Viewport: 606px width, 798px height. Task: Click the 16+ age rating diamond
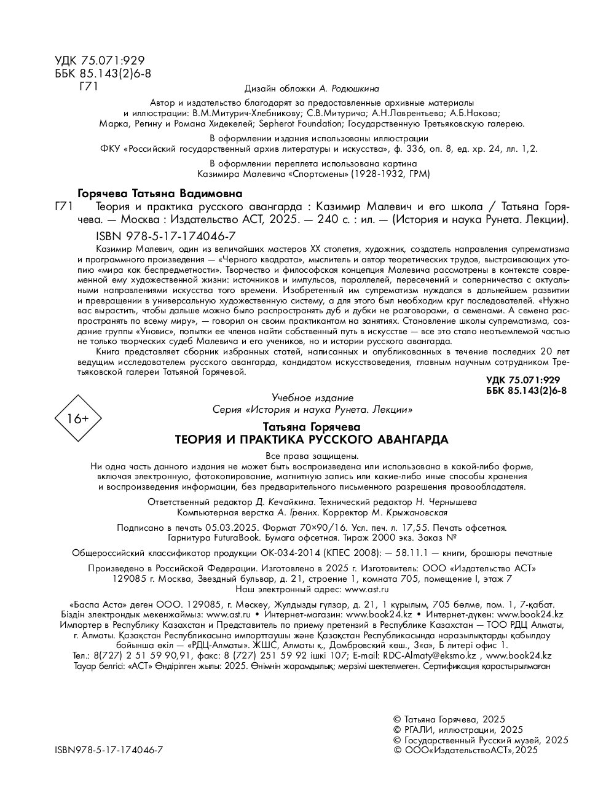pos(78,419)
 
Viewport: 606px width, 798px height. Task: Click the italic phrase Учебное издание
pos(312,398)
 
